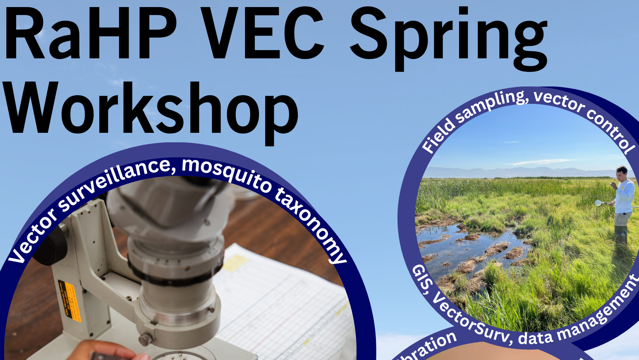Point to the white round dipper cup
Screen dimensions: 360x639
click(x=598, y=203)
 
